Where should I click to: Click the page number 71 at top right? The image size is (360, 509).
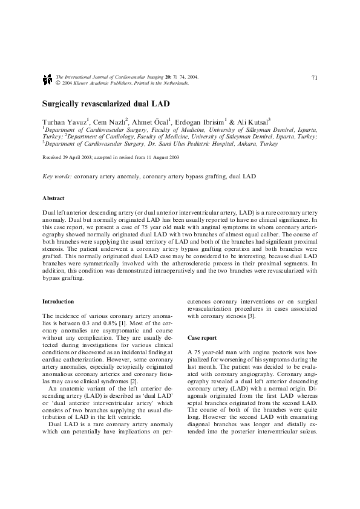click(315, 78)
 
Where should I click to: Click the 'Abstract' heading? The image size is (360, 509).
click(54, 198)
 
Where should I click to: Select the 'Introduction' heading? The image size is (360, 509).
click(58, 301)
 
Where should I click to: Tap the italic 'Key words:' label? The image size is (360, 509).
click(57, 177)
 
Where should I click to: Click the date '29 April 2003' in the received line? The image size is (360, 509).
click(79, 157)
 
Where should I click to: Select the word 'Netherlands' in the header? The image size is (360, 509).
click(174, 83)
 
